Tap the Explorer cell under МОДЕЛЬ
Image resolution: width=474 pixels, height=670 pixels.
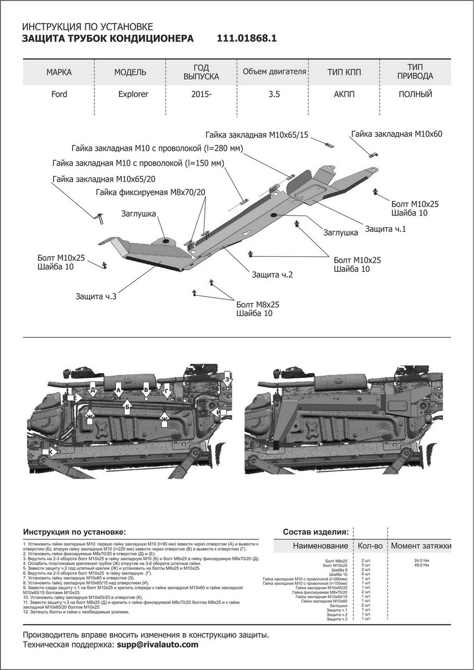tap(133, 94)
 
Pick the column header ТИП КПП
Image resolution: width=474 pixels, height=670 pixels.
tap(343, 73)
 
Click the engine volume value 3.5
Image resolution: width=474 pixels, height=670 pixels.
tap(274, 94)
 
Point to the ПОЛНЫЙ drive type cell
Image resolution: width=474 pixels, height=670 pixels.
tap(415, 94)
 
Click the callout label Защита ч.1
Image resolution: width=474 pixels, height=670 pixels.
tap(385, 228)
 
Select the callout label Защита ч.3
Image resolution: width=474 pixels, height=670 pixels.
tap(95, 296)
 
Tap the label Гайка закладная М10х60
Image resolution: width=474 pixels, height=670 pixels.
tap(396, 133)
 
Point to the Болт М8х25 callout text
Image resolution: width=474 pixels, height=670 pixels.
tap(257, 304)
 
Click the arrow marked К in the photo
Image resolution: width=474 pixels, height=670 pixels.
tap(51, 451)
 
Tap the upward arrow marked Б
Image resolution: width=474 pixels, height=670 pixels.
tap(128, 407)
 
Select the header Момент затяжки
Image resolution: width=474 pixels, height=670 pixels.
tap(420, 545)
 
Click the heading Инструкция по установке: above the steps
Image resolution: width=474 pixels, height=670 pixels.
tap(75, 532)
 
